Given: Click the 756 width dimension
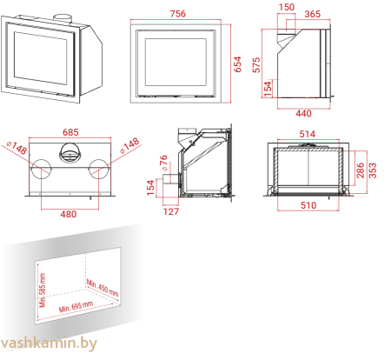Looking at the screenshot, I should point(178,14).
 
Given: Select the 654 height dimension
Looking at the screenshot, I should point(237,63).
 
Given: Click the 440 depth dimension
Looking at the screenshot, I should point(303,113).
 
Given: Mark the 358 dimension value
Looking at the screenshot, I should point(373,171).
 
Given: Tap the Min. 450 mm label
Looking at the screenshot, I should point(103,288).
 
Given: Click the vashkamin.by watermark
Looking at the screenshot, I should point(50,344).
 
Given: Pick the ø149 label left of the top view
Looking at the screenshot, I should point(17,150).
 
